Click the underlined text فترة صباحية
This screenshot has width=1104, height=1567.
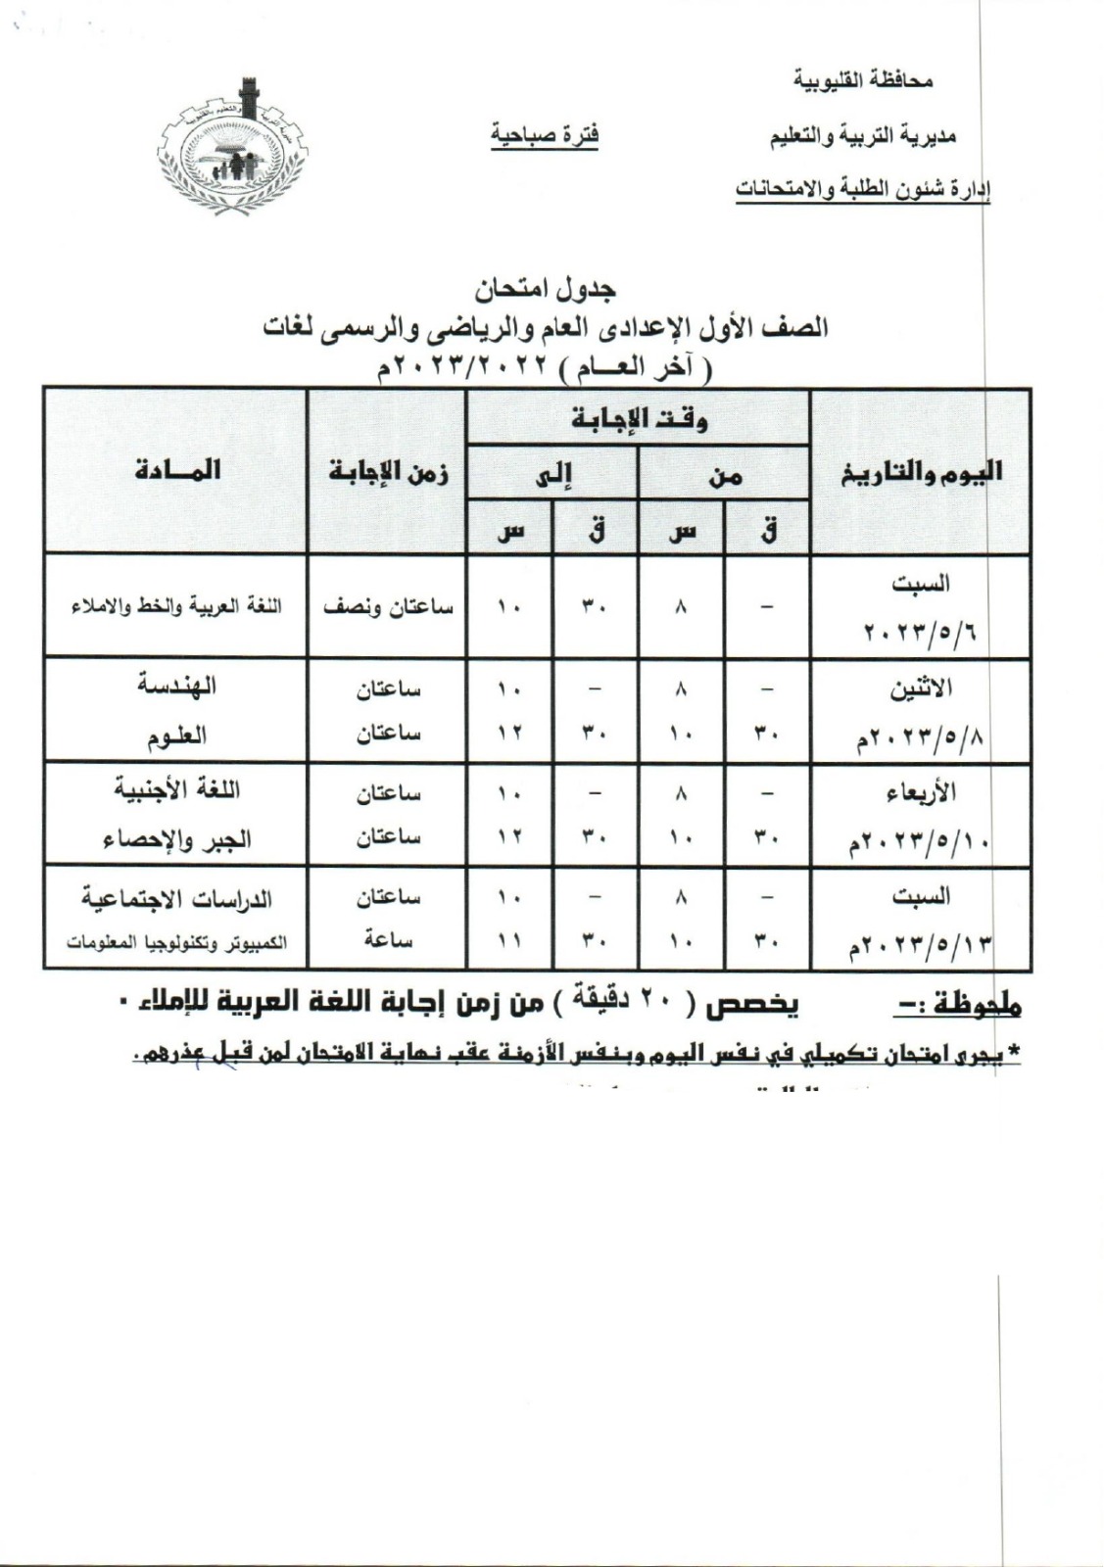(545, 135)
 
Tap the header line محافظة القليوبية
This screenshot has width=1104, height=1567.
(862, 81)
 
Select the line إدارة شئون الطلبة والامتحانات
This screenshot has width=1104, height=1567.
(862, 189)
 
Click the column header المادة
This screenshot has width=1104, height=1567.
(177, 471)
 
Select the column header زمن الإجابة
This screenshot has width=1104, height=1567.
(388, 473)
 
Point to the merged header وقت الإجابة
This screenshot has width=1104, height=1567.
(639, 420)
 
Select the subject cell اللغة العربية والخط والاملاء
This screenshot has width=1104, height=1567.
(176, 606)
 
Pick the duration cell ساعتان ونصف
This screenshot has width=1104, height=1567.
(388, 607)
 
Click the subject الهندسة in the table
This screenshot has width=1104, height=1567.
(176, 687)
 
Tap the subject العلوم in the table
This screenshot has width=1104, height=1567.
(176, 736)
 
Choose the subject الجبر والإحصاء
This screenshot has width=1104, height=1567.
(176, 839)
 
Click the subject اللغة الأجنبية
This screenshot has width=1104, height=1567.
(176, 790)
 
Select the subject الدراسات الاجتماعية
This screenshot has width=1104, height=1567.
(176, 898)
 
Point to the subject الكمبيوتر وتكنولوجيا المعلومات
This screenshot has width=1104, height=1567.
(176, 943)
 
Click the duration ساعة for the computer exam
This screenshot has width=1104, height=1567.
(388, 941)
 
